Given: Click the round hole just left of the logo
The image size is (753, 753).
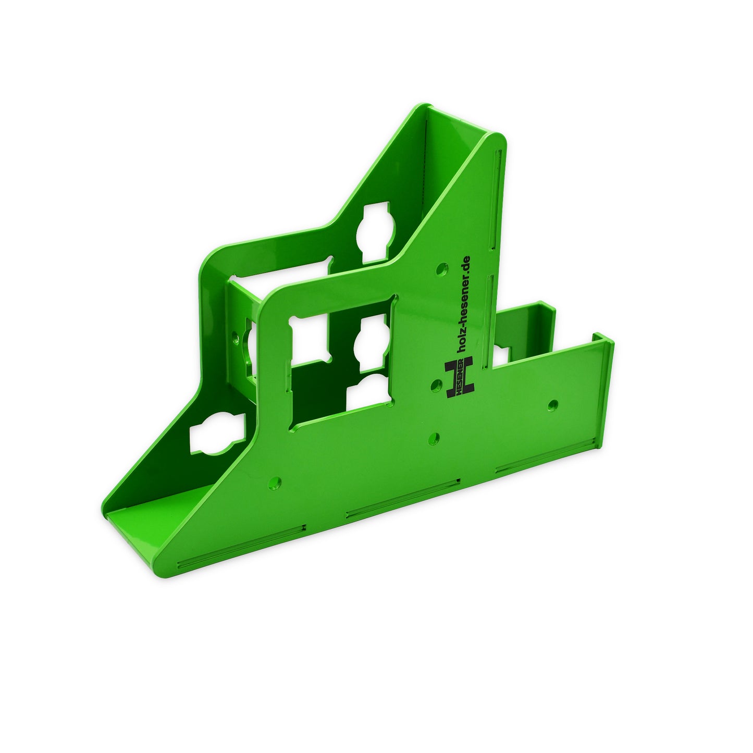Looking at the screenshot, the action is [x=436, y=385].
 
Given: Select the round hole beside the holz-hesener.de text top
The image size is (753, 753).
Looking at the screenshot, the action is [x=442, y=269].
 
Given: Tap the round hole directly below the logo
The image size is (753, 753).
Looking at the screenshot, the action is [x=436, y=438].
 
